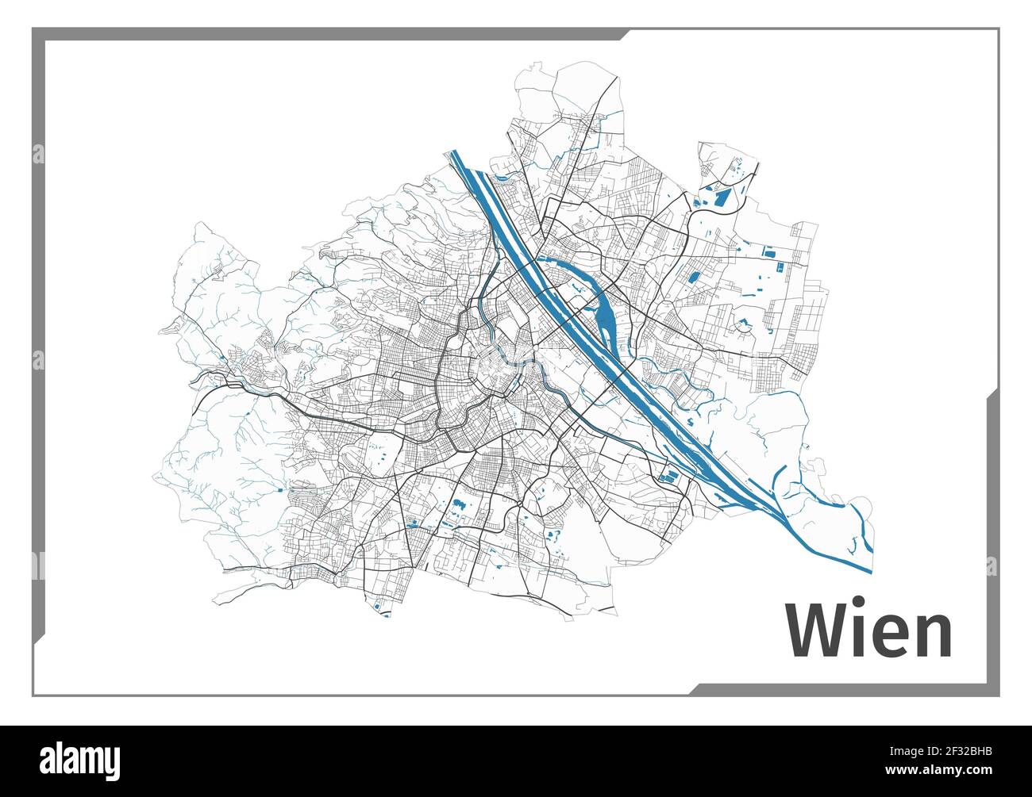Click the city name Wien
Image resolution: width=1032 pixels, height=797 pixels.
coord(868,630)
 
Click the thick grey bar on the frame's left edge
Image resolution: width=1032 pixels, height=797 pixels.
coord(38,357)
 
